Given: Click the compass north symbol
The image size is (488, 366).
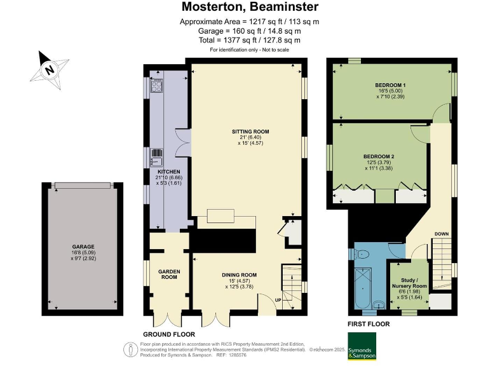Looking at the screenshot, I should [49, 70].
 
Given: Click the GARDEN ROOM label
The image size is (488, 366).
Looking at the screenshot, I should [169, 274].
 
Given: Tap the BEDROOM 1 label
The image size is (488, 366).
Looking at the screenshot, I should [390, 85].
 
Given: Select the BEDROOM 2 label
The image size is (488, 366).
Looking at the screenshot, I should [379, 156].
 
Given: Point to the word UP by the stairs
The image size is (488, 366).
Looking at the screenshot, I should [277, 300].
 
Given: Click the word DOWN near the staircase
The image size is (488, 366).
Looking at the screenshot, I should [442, 234].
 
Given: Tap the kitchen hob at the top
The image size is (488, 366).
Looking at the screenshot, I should [157, 87].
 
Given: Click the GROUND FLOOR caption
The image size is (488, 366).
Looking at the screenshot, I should [168, 334].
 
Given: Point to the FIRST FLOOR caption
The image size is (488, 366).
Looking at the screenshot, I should [369, 323].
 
